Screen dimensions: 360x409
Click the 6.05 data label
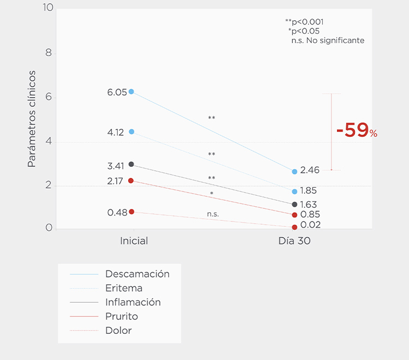117,92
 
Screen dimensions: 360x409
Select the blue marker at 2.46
294,171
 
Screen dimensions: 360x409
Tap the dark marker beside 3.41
131,164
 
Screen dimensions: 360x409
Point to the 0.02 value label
310,225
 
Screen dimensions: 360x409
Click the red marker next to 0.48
131,212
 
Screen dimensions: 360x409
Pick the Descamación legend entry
137,274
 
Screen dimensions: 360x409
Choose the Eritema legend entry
124,288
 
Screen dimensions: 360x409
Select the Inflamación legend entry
133,302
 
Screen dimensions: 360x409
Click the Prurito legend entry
122,316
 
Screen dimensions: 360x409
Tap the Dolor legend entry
118,331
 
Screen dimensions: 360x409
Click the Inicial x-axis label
134,241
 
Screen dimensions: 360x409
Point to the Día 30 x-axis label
294,241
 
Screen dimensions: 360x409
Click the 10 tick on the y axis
47,8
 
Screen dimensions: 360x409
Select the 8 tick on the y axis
49,53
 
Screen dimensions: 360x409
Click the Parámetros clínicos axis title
32,118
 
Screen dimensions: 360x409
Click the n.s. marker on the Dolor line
213,214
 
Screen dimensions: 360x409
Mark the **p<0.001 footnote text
304,22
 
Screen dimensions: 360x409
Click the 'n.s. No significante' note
328,40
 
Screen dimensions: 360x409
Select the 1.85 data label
308,191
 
